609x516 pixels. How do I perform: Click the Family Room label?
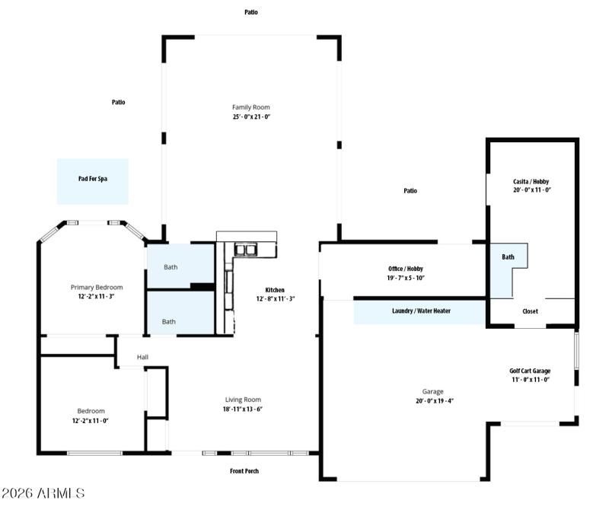251,107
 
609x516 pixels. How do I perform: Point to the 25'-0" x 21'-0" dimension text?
251,117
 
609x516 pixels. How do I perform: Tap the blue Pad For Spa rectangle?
93,180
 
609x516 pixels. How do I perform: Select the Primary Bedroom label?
97,288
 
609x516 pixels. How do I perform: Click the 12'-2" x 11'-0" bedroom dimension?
91,420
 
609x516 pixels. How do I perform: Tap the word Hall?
142,357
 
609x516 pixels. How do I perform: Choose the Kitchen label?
275,290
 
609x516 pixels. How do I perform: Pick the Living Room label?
243,400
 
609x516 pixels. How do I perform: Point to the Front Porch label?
244,471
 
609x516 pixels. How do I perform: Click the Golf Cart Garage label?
530,371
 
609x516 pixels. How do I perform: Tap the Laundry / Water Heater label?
419,311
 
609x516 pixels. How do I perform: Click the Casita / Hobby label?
531,181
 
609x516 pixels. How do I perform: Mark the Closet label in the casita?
530,311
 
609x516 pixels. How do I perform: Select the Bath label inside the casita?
508,257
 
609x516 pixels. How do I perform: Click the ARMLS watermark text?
43,494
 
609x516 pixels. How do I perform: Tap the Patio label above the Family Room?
251,12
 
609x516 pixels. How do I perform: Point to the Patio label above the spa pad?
119,102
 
